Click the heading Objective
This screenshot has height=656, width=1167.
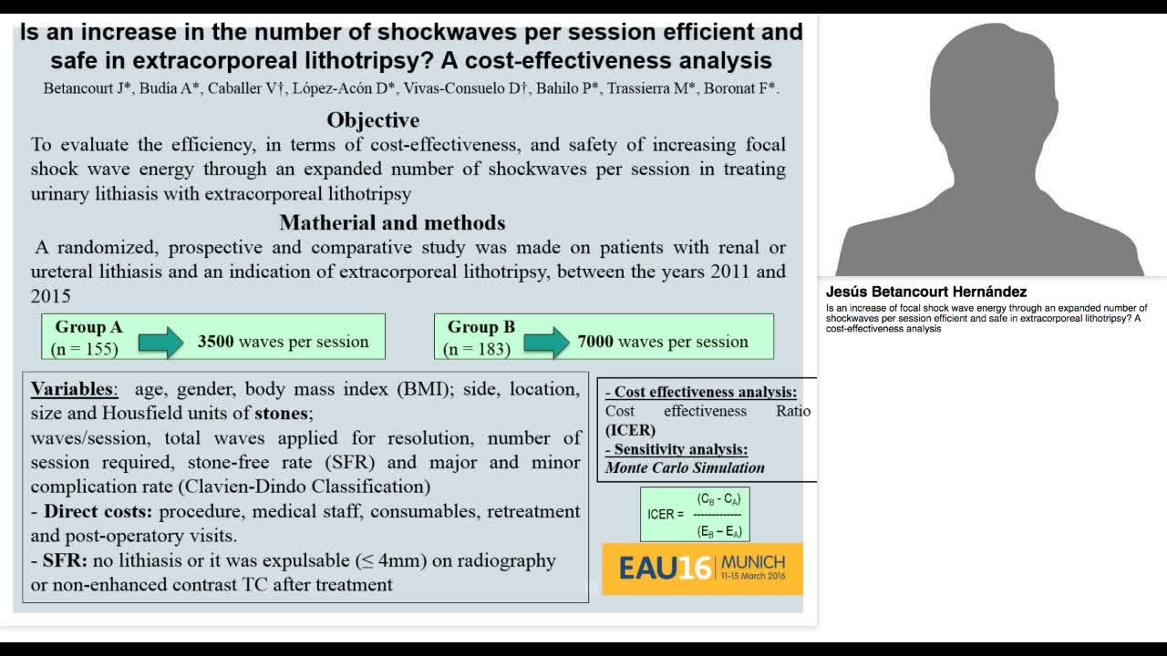373,120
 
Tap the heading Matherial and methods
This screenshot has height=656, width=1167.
392,222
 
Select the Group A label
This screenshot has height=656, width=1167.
88,327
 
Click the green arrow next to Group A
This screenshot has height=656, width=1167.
160,342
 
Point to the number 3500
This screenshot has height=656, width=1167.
216,342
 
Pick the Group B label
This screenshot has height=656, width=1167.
480,327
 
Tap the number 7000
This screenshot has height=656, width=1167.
595,342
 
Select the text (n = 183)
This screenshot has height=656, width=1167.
477,349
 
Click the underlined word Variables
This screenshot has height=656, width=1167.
74,390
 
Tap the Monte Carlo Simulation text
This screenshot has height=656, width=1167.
685,467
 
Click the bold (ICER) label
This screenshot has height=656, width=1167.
630,430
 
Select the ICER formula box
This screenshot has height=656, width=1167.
695,514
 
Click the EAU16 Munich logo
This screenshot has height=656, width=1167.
702,569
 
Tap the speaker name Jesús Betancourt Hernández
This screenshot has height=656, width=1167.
926,292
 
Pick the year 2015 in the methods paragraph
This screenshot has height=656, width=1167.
50,295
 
